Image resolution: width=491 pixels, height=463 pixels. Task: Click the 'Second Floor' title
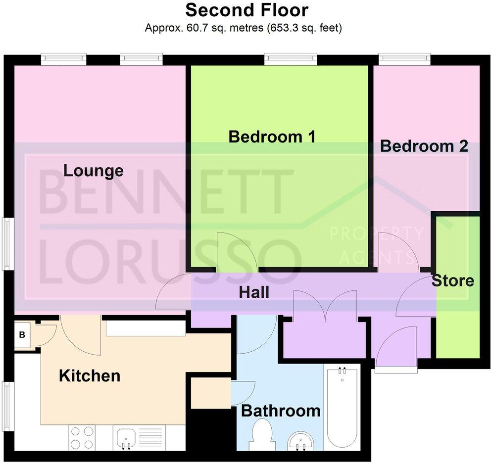coord(246,10)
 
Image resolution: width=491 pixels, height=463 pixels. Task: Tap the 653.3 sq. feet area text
coord(303,28)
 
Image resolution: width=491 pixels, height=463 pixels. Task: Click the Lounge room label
coord(94,171)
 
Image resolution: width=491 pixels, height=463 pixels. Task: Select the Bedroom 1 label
coord(272,137)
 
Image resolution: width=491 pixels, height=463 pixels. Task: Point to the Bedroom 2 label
coord(424,146)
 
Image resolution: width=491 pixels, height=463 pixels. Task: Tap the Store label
coord(453,281)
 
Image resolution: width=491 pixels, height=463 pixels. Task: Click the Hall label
coord(254,292)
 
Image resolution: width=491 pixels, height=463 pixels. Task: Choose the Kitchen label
coord(90,376)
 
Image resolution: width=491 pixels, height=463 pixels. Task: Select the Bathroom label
coord(281,411)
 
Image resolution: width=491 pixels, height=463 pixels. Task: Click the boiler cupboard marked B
coord(22,335)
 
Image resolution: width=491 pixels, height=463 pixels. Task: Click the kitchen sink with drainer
coord(135,438)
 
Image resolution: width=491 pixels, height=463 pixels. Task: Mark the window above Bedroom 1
coord(290,59)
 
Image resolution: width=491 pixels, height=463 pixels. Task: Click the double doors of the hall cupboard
coord(325,307)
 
